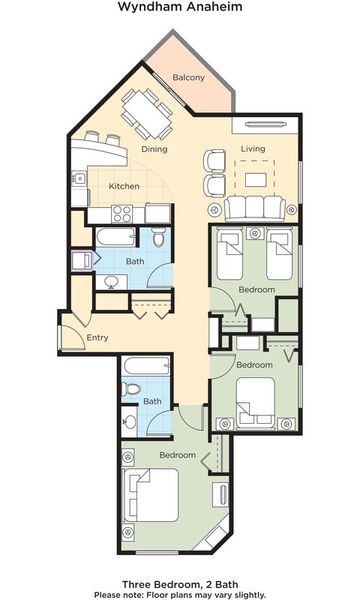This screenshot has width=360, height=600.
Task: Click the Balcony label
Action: [x=188, y=77]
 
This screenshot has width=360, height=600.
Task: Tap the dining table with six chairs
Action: [x=147, y=114]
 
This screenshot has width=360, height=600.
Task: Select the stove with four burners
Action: [x=122, y=214]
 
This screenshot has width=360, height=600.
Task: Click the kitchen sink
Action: [x=79, y=178]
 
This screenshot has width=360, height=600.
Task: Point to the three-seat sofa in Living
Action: [x=254, y=208]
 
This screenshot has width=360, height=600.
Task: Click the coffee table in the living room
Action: [x=256, y=180]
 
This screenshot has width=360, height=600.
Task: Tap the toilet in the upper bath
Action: [x=158, y=237]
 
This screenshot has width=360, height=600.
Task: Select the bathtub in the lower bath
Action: [x=146, y=366]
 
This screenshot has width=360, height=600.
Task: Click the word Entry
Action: [x=97, y=337]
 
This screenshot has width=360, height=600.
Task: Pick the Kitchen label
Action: [x=124, y=186]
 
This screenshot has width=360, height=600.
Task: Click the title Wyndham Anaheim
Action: [x=180, y=7]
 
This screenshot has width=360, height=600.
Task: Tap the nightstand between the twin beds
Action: [x=254, y=233]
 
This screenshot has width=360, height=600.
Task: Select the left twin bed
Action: [x=229, y=253]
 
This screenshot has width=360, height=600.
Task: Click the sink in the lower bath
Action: [x=130, y=421]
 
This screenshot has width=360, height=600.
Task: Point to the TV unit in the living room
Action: [x=265, y=124]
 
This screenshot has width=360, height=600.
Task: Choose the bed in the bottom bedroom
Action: [x=151, y=495]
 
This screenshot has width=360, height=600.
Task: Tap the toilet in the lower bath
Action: [x=131, y=389]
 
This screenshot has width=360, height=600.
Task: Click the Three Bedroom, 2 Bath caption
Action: [x=180, y=584]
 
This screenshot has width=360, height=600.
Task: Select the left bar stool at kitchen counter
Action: [x=92, y=136]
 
